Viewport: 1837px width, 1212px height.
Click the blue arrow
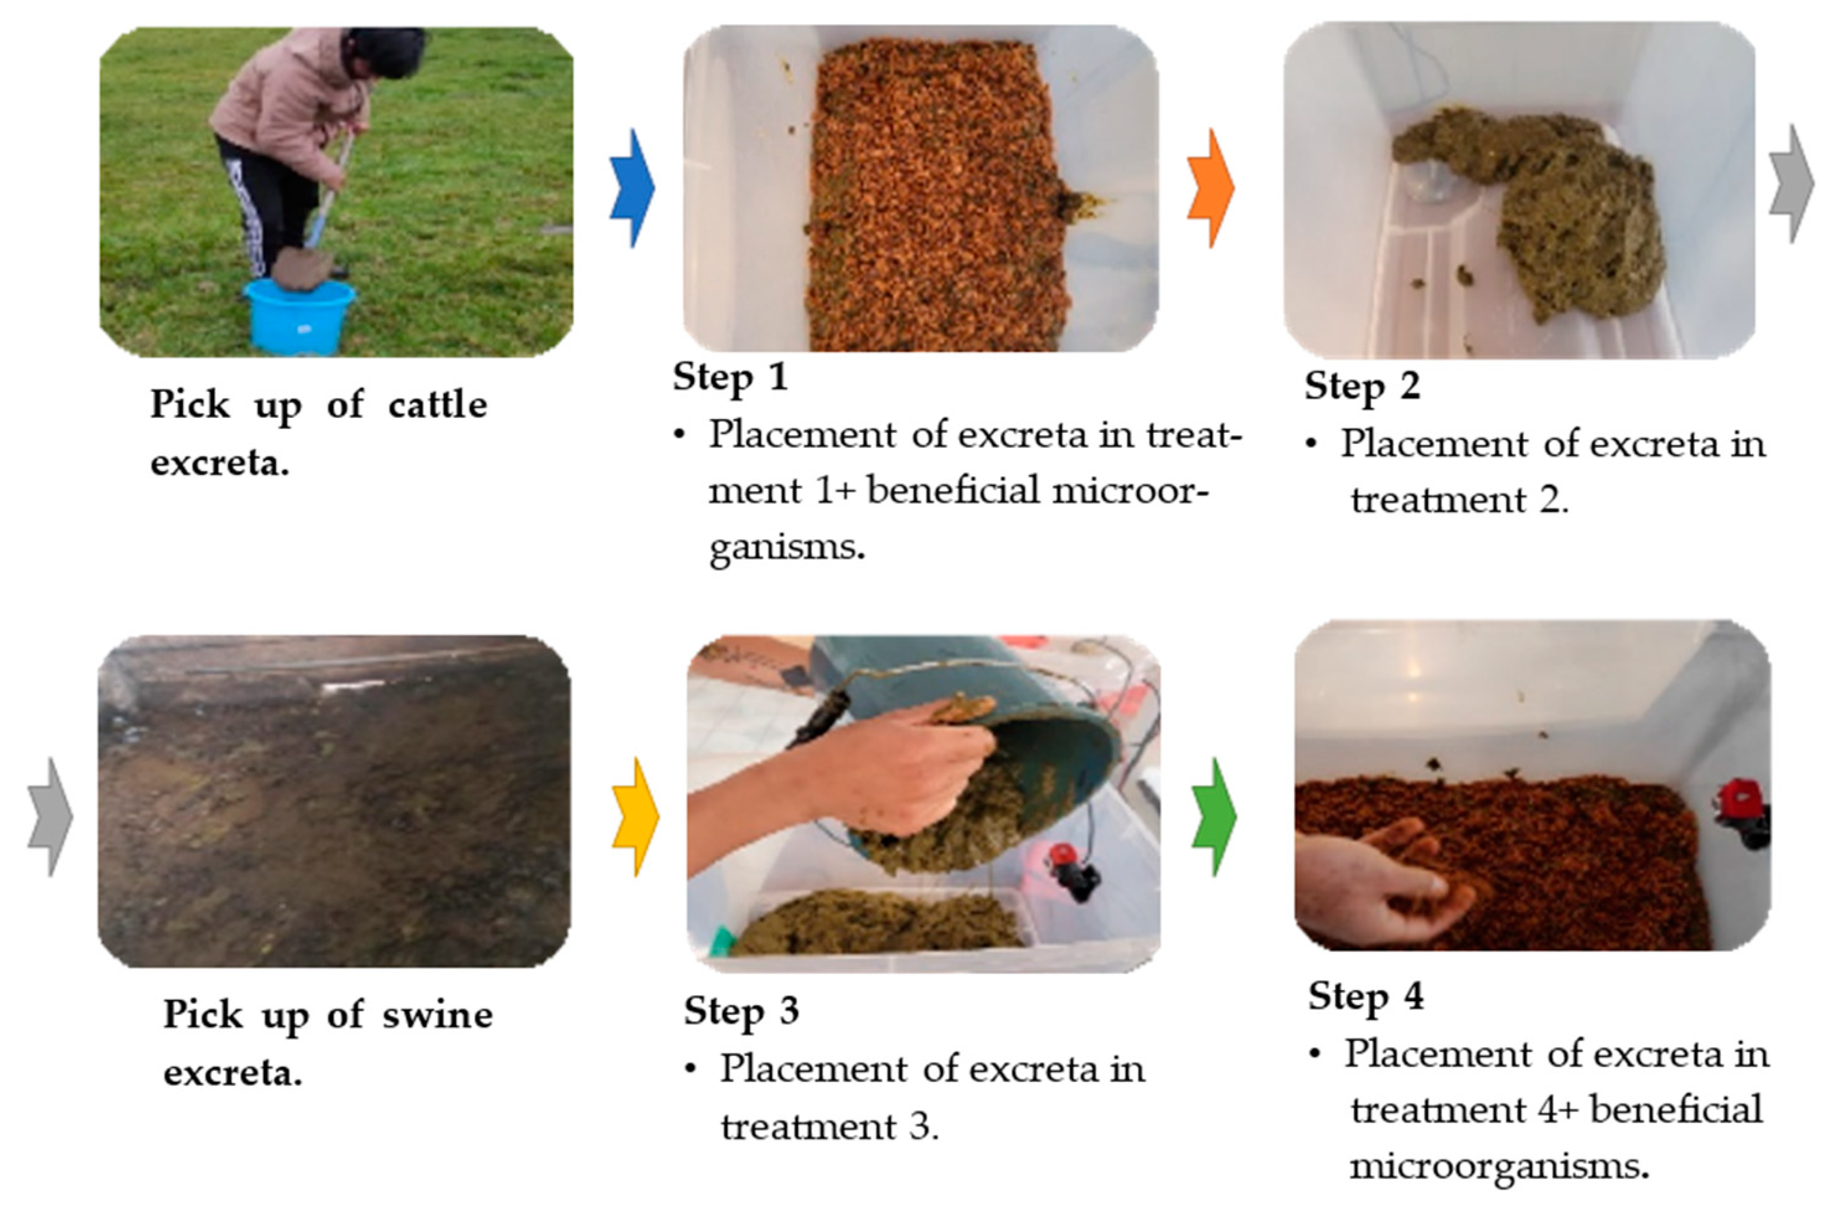click(x=632, y=188)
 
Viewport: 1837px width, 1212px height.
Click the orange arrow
click(x=1210, y=188)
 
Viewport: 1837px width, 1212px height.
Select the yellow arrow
click(x=635, y=817)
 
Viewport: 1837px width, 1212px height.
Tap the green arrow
click(x=1214, y=817)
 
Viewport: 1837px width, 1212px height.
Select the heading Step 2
click(x=1363, y=386)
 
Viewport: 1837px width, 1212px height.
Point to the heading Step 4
click(x=1366, y=996)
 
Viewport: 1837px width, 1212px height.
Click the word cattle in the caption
click(x=438, y=405)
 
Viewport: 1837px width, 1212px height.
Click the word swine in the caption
click(x=438, y=1015)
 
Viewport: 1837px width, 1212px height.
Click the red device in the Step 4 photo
click(x=1740, y=814)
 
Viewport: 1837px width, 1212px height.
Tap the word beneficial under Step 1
click(x=953, y=490)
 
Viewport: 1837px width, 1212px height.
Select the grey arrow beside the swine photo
click(x=50, y=817)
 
